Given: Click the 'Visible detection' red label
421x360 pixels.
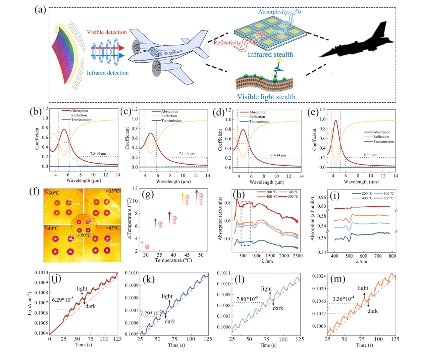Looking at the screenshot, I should coord(107,32).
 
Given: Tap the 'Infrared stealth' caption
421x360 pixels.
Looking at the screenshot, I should coord(270,55).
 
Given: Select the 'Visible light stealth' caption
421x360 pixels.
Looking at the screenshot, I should coord(266,97).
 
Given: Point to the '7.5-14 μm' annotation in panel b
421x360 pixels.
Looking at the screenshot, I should coord(98,154).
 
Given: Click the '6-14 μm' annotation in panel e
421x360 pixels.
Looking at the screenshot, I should coord(370,155).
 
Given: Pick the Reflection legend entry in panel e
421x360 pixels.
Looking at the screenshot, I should coord(381,137).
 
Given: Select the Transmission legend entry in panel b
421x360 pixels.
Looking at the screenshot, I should coord(81,120).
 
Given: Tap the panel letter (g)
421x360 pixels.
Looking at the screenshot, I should coord(147,194).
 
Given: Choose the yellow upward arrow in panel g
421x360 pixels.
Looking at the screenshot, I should coord(182,200).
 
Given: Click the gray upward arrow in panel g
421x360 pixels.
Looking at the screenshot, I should coord(197,197).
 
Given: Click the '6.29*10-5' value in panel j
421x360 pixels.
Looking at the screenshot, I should coord(63,300).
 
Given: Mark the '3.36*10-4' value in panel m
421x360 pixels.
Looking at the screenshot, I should coord(343,299).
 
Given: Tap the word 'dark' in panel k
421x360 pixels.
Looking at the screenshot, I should coord(170,322).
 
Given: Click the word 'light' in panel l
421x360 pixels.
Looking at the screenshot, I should coord(266,289).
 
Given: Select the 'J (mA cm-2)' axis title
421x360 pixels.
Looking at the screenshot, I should coord(30,304).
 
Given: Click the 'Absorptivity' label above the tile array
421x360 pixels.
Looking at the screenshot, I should coord(273,12).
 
